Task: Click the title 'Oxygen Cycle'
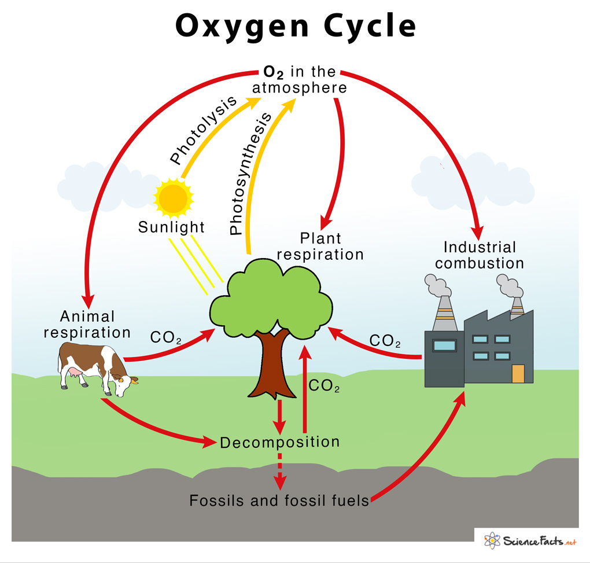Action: click(x=296, y=26)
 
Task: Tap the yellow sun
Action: click(x=173, y=197)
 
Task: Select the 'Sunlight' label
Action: click(x=171, y=227)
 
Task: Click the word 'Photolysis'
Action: click(x=203, y=131)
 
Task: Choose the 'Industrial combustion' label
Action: click(x=480, y=255)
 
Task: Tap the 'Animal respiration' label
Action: click(x=87, y=324)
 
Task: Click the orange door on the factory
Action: click(x=518, y=373)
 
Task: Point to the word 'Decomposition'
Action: click(x=279, y=443)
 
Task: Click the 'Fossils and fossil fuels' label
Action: click(x=279, y=500)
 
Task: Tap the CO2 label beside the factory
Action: click(x=385, y=341)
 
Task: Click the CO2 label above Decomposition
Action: click(x=324, y=386)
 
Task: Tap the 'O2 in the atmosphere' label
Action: click(x=299, y=80)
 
